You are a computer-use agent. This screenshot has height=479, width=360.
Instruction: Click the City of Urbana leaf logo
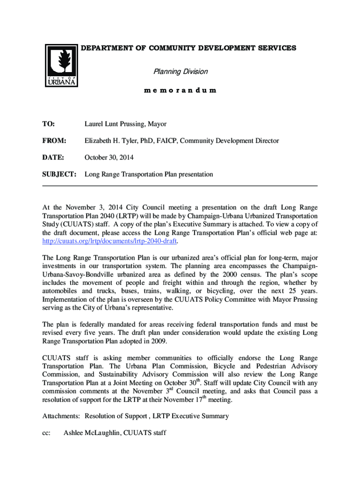pos(61,65)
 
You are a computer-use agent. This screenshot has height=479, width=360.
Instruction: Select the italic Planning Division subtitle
pos(180,72)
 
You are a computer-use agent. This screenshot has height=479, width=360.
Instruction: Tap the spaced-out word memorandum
pos(180,90)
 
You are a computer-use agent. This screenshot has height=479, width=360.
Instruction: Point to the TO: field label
pos(49,124)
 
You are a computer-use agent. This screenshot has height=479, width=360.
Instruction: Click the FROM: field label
pos(54,141)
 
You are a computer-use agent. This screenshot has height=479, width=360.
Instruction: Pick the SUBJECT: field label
pos(59,174)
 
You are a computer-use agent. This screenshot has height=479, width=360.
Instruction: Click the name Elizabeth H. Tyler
pos(114,141)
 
